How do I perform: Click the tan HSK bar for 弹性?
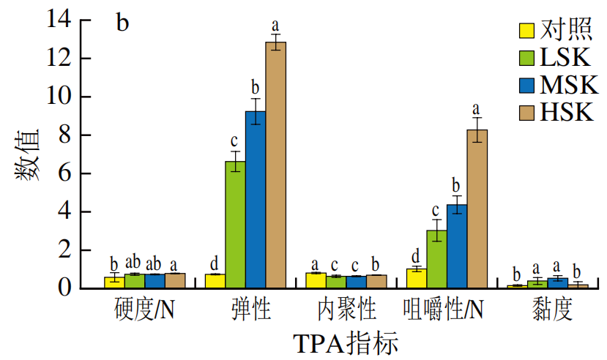275,165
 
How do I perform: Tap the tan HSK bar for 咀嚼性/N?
477,209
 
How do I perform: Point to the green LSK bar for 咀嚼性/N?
436,259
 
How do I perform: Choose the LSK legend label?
565,58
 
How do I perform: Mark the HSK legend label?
566,113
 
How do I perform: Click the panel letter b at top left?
122,23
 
